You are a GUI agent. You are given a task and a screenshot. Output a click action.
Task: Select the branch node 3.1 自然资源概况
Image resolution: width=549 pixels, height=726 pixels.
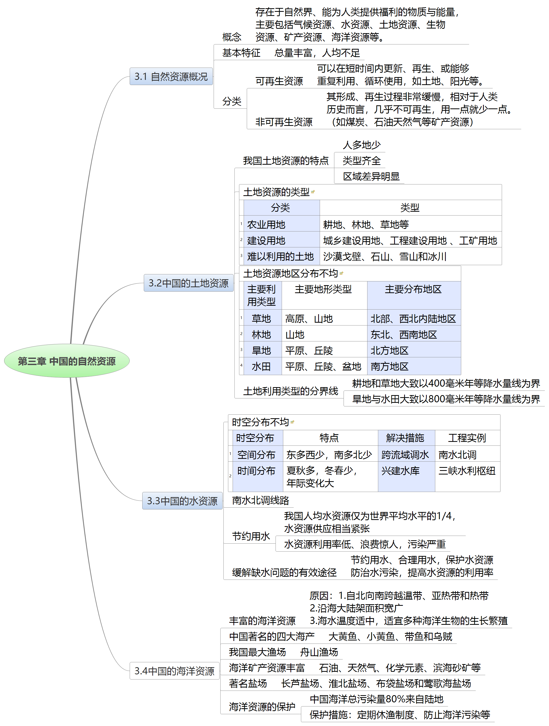[x=171, y=77]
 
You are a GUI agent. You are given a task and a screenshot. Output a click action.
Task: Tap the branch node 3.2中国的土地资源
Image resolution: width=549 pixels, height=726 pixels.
[x=188, y=283]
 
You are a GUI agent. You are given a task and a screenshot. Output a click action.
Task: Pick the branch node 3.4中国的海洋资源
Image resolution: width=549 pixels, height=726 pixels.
[x=174, y=671]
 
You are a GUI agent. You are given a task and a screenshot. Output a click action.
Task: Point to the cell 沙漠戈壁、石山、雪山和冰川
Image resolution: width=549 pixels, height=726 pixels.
[x=385, y=256]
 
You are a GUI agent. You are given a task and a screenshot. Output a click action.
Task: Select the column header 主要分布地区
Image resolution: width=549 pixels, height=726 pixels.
[x=413, y=289]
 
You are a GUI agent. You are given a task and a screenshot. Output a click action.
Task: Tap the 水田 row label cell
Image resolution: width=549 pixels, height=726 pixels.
[x=261, y=366]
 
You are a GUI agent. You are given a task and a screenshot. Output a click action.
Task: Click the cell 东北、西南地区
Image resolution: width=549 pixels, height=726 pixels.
[x=404, y=334]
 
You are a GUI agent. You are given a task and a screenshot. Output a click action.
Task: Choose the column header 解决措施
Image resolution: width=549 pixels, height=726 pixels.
[x=405, y=438]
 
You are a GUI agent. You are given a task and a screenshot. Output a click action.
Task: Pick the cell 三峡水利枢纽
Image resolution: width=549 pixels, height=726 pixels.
[x=467, y=471]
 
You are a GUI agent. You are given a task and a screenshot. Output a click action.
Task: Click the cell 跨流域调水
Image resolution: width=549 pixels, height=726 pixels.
[x=405, y=454]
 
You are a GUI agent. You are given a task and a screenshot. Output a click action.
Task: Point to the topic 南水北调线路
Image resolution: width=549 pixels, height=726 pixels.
[x=261, y=500]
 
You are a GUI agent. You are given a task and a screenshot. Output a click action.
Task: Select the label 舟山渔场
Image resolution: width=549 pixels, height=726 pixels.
[x=319, y=652]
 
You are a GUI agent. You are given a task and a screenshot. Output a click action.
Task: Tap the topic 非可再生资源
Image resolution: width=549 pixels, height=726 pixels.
[x=284, y=122]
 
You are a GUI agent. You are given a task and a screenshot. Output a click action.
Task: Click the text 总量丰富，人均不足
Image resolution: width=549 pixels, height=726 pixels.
[x=317, y=53]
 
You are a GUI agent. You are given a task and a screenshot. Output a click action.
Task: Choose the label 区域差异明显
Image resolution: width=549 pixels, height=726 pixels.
[x=371, y=176]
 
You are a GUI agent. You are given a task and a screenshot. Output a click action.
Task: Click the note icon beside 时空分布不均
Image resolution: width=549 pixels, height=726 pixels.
[x=292, y=422]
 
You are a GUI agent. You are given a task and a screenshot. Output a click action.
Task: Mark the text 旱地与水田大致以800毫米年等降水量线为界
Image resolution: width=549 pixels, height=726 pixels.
[x=446, y=399]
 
